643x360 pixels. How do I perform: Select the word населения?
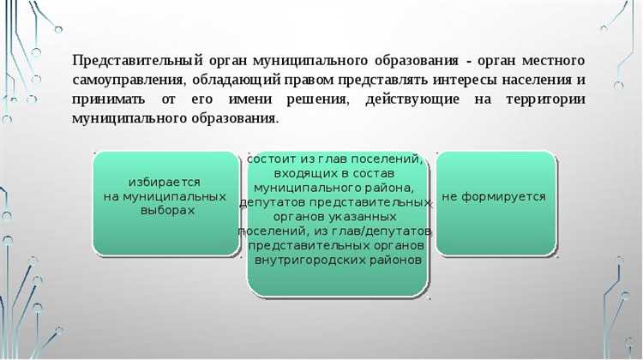pos(532,81)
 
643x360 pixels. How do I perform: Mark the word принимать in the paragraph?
pos(108,99)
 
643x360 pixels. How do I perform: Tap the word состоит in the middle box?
pos(270,159)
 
